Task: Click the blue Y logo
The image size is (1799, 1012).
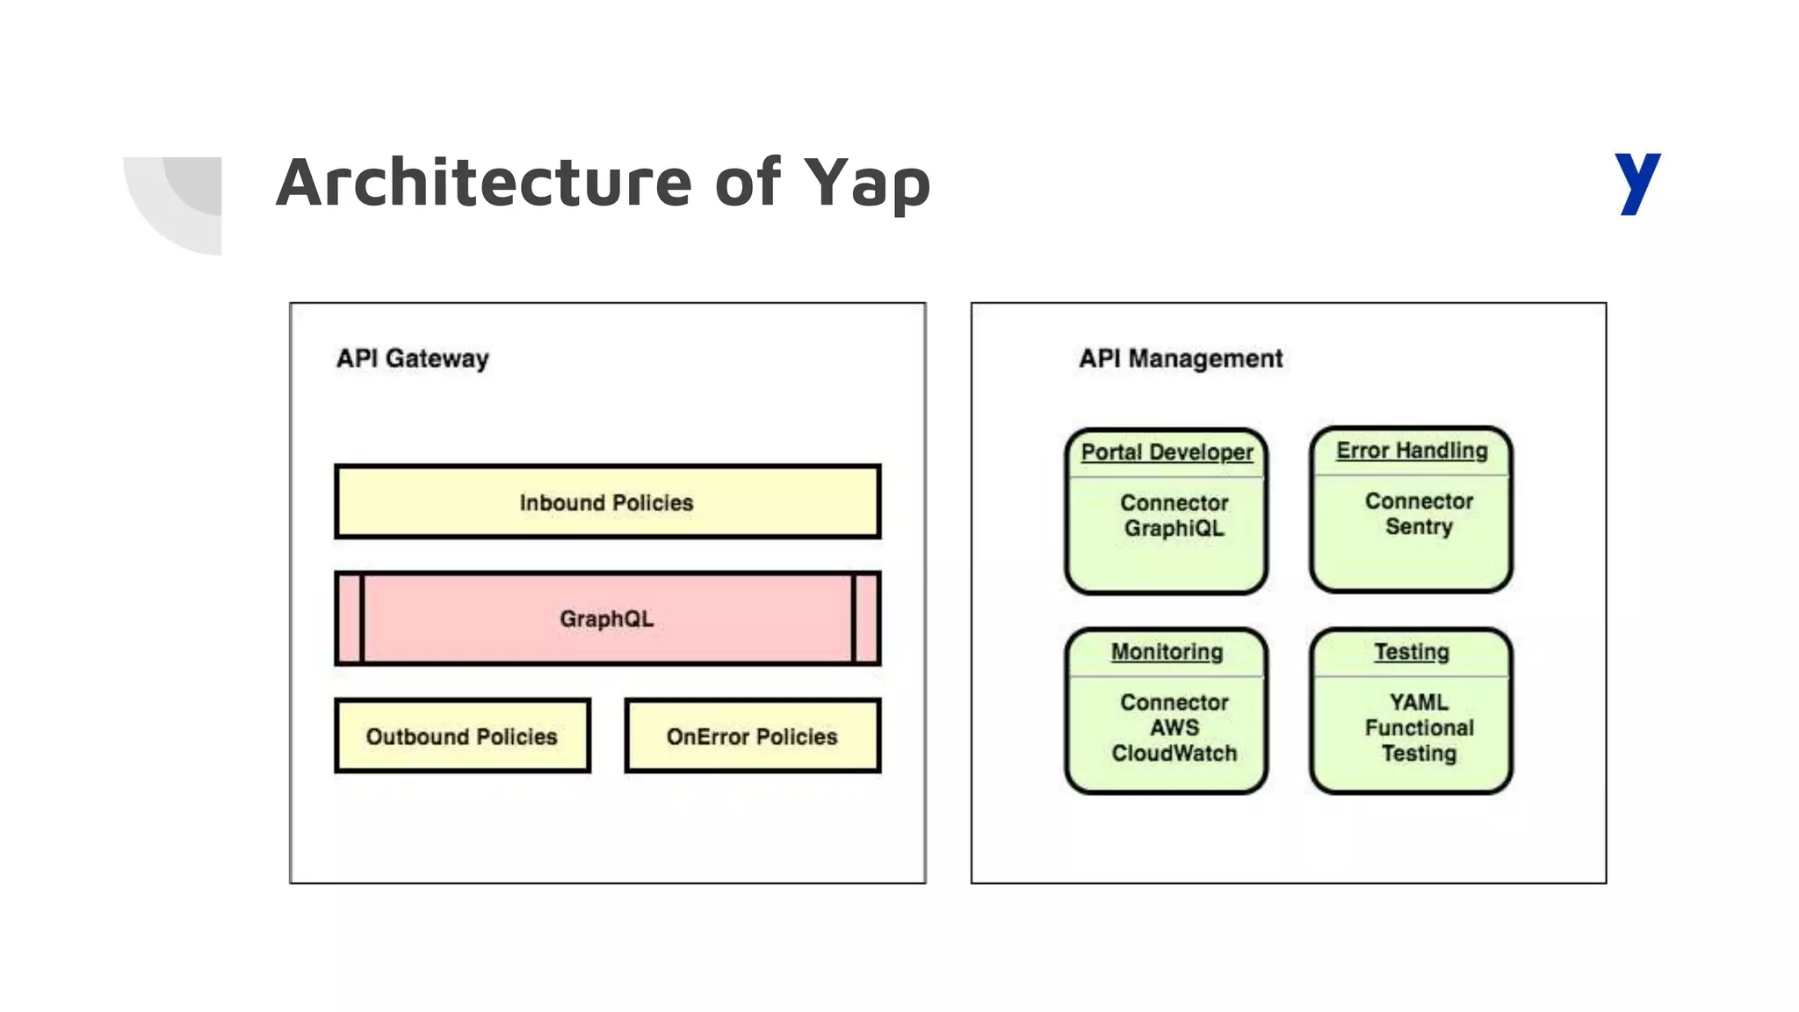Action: [x=1636, y=182]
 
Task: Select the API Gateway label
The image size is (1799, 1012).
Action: [x=412, y=358]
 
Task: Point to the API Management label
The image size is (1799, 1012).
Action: [x=1180, y=358]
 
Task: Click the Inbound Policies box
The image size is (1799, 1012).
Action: [x=607, y=502]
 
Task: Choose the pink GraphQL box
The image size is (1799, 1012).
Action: [x=607, y=618]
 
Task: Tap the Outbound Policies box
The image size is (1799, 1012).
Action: [x=462, y=736]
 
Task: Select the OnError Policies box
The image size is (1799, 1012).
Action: [x=752, y=736]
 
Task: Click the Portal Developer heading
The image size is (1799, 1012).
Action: [x=1167, y=452]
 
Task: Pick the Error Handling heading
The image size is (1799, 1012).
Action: [x=1412, y=451]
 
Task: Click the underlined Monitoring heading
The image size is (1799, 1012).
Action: [x=1167, y=652]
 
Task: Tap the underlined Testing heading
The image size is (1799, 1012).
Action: [x=1412, y=652]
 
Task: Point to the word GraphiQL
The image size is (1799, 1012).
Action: [x=1174, y=529]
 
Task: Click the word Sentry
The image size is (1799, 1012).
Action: [x=1419, y=527]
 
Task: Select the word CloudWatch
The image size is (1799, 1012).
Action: [x=1174, y=754]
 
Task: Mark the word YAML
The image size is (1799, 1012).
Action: [x=1419, y=703]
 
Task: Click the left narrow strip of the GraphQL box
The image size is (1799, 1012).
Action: [x=349, y=618]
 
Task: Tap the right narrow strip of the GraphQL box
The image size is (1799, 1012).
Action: [x=866, y=618]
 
